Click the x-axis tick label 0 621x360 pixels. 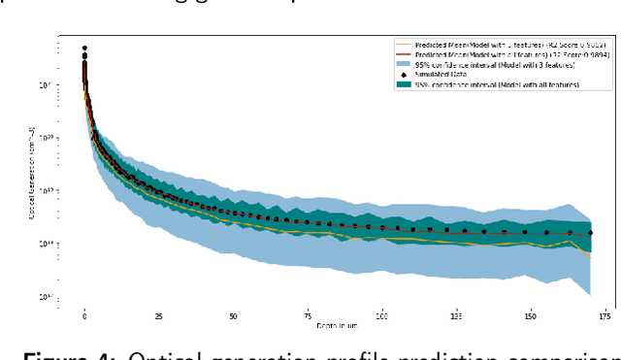point(84,316)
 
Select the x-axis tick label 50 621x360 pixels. point(234,316)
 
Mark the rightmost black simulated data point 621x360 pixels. point(591,233)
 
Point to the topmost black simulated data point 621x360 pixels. point(84,48)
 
